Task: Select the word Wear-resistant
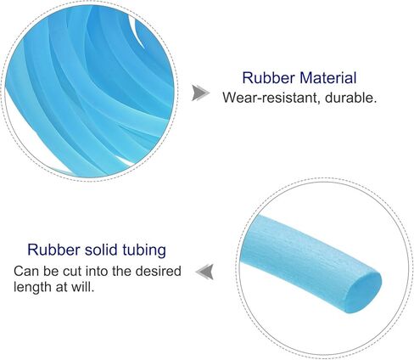point(271,98)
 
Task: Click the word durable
point(351,98)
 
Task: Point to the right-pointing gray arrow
point(200,93)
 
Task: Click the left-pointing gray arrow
point(204,272)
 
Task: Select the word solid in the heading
point(101,250)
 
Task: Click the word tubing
point(144,250)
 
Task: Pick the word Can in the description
point(26,271)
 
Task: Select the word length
point(33,288)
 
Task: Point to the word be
point(51,271)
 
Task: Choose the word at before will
point(61,287)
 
